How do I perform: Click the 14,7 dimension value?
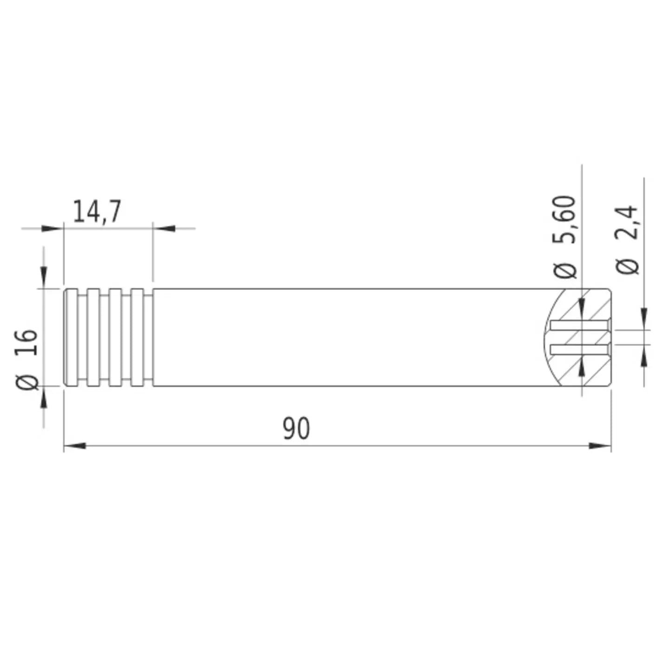click(97, 211)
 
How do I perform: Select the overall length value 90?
click(296, 428)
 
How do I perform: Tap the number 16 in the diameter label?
click(26, 342)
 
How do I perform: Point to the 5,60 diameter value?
click(564, 219)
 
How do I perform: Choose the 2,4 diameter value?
click(627, 222)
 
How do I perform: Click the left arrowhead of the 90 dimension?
click(74, 446)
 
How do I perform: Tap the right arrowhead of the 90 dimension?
click(600, 446)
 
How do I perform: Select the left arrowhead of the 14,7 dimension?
click(52, 228)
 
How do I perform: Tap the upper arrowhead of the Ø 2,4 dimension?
click(644, 318)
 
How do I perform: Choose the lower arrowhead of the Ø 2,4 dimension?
click(644, 357)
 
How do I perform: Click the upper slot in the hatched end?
click(579, 325)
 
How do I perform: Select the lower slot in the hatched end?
click(579, 349)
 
